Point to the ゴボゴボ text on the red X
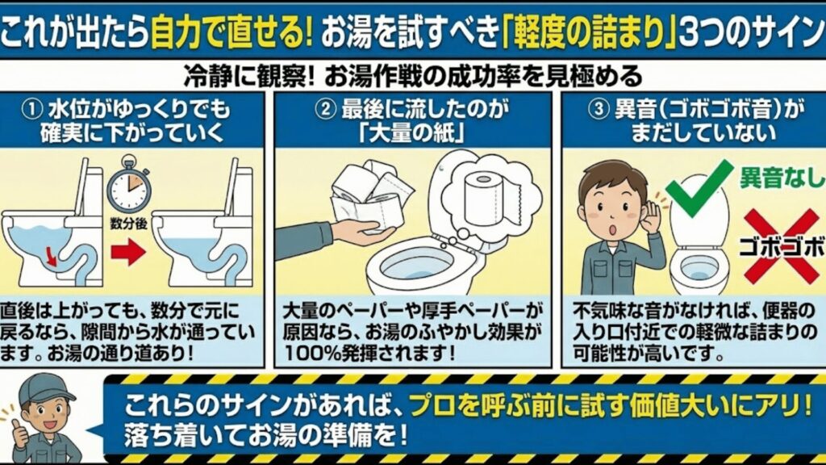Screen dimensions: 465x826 781,243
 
